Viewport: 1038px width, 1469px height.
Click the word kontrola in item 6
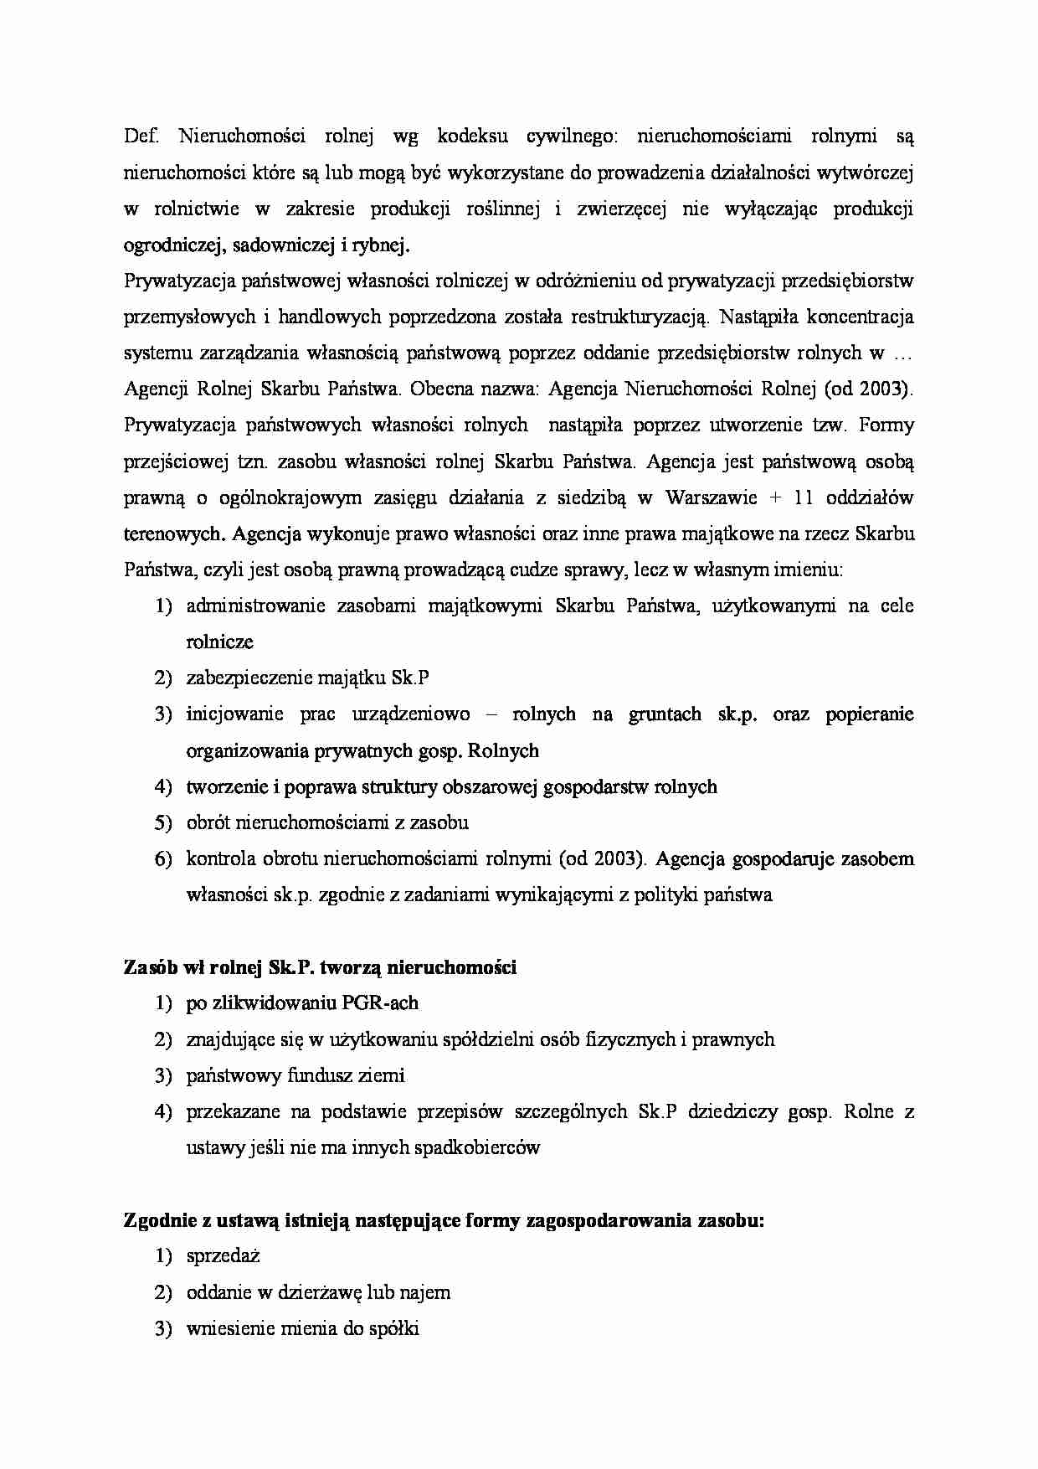[220, 858]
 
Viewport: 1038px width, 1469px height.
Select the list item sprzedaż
[224, 1256]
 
